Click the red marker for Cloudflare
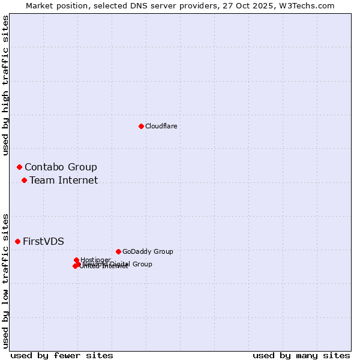point(141,126)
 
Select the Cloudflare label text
point(161,126)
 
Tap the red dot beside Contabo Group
point(19,167)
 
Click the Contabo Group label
point(61,167)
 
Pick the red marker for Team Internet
point(24,180)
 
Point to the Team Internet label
point(64,180)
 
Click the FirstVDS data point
point(17,241)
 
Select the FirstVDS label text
point(43,241)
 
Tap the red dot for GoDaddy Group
point(118,251)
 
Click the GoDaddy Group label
point(148,251)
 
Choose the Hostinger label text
point(96,260)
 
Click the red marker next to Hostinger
point(76,260)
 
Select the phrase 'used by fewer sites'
point(62,355)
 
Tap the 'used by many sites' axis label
point(301,355)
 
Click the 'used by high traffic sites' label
point(5,86)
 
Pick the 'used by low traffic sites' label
point(5,280)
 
